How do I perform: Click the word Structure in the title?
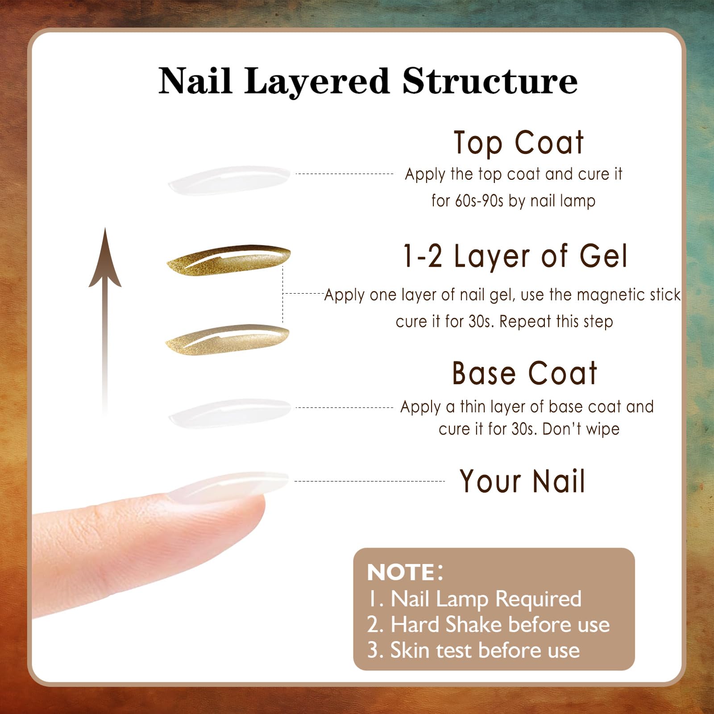click(x=490, y=81)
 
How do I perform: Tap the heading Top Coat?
click(x=519, y=143)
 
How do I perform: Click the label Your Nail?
click(x=522, y=481)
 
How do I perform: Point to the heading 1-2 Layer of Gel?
click(x=515, y=256)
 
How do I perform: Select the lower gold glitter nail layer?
click(x=228, y=340)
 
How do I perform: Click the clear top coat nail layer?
click(x=229, y=181)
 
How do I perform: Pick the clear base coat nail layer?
click(x=229, y=414)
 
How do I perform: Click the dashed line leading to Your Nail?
click(x=369, y=481)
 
